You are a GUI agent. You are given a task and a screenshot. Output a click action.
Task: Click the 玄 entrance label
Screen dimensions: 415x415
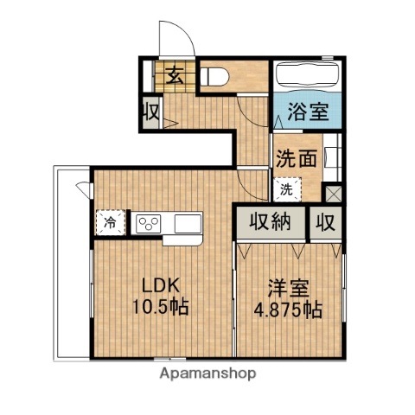point(175,75)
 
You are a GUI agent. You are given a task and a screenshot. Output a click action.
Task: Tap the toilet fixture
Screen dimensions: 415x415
point(215,76)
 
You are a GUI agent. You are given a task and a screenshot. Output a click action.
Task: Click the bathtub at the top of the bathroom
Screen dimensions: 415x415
point(307,79)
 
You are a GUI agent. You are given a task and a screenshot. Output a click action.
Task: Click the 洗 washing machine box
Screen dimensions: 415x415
point(285,188)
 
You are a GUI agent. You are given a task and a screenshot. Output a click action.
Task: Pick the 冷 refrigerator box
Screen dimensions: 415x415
point(111,222)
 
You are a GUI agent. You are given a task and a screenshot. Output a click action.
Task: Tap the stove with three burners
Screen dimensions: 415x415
point(147,223)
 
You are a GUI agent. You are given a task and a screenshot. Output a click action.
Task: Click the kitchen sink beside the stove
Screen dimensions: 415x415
point(188,223)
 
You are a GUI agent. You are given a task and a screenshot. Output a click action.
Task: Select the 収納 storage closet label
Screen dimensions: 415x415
point(271,221)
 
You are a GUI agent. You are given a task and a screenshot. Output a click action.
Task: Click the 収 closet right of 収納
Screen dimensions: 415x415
point(325,221)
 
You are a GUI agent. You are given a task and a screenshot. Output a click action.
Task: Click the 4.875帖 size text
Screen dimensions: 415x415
point(289,309)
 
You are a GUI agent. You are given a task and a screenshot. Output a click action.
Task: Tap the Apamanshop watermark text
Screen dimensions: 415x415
point(207,374)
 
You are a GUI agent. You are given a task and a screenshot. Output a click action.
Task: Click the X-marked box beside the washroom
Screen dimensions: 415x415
point(333,195)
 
